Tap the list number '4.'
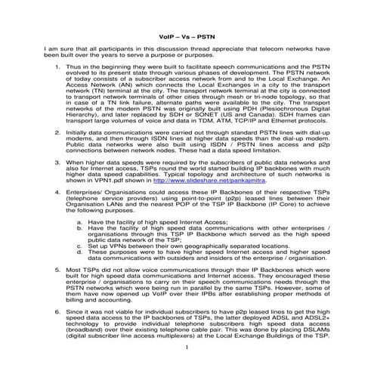click(x=48, y=193)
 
